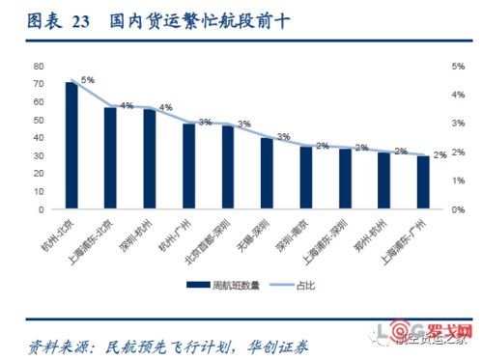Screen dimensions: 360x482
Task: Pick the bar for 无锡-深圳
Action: point(267,173)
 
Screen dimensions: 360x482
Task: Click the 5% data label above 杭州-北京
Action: point(88,80)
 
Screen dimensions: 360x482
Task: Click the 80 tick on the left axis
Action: point(39,66)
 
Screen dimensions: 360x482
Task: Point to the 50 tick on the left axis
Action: point(39,120)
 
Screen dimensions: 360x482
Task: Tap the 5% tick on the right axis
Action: point(458,66)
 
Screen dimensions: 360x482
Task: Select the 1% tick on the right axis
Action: point(458,180)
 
